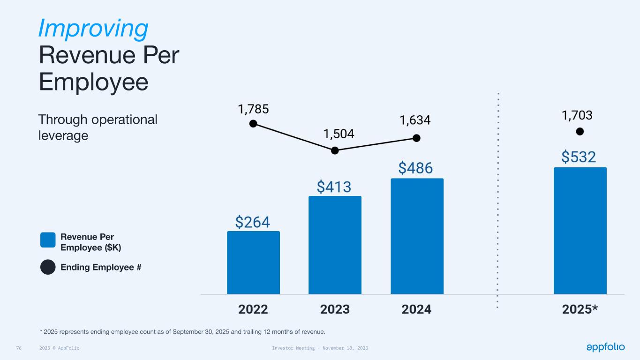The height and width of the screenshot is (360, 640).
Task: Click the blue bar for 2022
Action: pyautogui.click(x=253, y=262)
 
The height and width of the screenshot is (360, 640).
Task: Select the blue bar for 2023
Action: pyautogui.click(x=335, y=245)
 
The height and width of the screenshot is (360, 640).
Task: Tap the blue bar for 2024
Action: pyautogui.click(x=417, y=236)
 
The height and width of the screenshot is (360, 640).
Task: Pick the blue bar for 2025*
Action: pyautogui.click(x=580, y=231)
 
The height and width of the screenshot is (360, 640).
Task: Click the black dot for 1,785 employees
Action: pyautogui.click(x=253, y=123)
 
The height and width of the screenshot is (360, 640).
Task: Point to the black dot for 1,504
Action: pyautogui.click(x=335, y=150)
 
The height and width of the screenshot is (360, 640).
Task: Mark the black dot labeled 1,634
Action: pyautogui.click(x=416, y=138)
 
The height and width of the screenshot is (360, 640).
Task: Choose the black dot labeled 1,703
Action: pyautogui.click(x=580, y=131)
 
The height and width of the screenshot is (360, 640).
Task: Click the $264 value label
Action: pyautogui.click(x=253, y=222)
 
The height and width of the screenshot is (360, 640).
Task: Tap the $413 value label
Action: pyautogui.click(x=334, y=187)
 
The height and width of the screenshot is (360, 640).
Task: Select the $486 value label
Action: pyautogui.click(x=416, y=168)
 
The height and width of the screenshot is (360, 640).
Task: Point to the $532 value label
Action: pyautogui.click(x=579, y=157)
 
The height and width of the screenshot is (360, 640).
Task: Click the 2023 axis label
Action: pyautogui.click(x=335, y=309)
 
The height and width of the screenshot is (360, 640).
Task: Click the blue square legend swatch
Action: pyautogui.click(x=48, y=240)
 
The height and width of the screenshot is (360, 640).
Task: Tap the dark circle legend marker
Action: pyautogui.click(x=48, y=267)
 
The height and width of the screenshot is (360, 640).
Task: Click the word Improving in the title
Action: pyautogui.click(x=93, y=28)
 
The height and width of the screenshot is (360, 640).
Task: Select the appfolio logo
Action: pyautogui.click(x=605, y=347)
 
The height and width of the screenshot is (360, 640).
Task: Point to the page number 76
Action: pyautogui.click(x=19, y=348)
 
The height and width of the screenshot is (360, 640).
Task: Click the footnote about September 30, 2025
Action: pyautogui.click(x=182, y=332)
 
